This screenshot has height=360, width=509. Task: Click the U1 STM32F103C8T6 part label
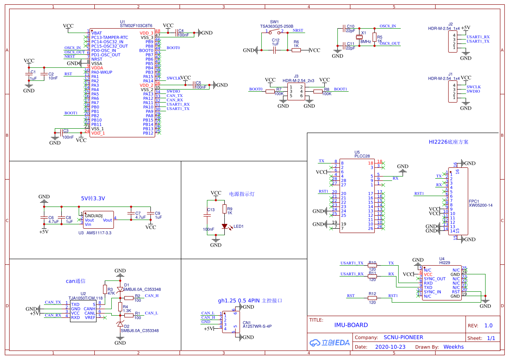136,26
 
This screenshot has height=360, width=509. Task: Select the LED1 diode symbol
225,226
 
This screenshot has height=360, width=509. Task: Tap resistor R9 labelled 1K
225,210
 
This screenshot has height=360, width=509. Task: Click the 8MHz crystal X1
359,37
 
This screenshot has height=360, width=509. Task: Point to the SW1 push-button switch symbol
275,31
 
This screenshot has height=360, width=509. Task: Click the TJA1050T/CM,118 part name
86,298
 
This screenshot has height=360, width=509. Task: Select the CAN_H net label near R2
152,296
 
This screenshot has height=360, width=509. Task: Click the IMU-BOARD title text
351,325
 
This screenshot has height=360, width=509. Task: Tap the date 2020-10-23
390,347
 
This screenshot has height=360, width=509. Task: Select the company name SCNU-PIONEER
403,337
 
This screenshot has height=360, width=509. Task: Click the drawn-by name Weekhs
453,347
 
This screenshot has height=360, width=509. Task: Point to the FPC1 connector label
474,201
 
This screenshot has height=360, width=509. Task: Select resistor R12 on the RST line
372,298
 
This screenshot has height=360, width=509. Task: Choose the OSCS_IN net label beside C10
388,26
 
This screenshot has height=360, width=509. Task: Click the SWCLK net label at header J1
474,87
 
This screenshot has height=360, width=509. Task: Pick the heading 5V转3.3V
93,198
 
